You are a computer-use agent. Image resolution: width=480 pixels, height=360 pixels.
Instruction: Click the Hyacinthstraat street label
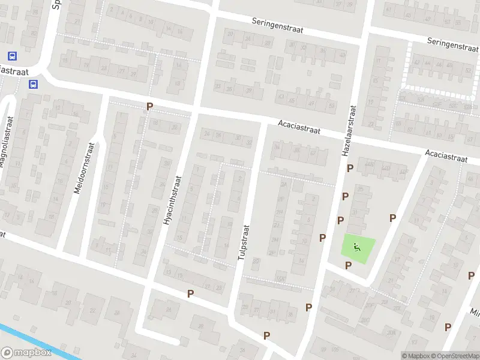click(x=172, y=200)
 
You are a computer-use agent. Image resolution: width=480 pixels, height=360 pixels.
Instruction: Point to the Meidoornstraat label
click(x=83, y=167)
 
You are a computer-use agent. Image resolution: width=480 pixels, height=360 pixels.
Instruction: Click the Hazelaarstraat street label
click(x=349, y=131)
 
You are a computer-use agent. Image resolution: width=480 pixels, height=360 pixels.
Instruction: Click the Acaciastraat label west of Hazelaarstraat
click(x=299, y=127)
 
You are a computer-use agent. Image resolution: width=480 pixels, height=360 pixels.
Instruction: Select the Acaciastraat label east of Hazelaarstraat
click(x=446, y=156)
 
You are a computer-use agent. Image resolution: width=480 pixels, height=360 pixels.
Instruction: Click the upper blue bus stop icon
click(x=12, y=56)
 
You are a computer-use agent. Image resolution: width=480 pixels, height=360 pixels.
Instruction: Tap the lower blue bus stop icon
click(x=33, y=85)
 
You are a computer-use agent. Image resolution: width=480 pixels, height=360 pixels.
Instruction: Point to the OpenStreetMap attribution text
click(x=455, y=356)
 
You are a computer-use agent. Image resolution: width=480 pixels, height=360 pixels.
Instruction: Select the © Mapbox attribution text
click(x=416, y=356)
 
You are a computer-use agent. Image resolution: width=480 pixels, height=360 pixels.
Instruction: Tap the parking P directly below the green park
click(x=347, y=265)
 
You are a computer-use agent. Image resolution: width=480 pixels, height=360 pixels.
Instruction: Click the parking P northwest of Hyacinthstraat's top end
click(x=149, y=106)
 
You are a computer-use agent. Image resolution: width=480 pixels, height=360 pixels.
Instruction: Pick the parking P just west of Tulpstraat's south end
click(x=191, y=293)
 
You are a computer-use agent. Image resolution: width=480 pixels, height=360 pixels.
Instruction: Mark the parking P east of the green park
click(x=393, y=218)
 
